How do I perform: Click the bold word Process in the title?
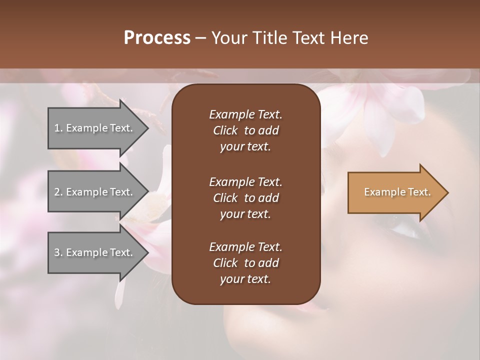pos(157,38)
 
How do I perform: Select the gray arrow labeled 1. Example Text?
pos(95,128)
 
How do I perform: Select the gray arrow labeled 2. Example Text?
pos(95,192)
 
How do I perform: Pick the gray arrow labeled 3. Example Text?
pos(95,252)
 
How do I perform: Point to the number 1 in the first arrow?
pos(57,128)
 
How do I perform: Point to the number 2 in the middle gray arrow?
pos(57,192)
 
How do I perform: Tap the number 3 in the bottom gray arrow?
pos(57,252)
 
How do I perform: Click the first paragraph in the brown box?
pos(245,130)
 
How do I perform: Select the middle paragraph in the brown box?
pos(245,197)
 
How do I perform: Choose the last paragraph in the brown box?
pos(245,263)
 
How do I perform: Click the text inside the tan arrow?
pos(397,192)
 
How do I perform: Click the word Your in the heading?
pos(229,38)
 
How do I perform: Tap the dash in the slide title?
pos(200,38)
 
